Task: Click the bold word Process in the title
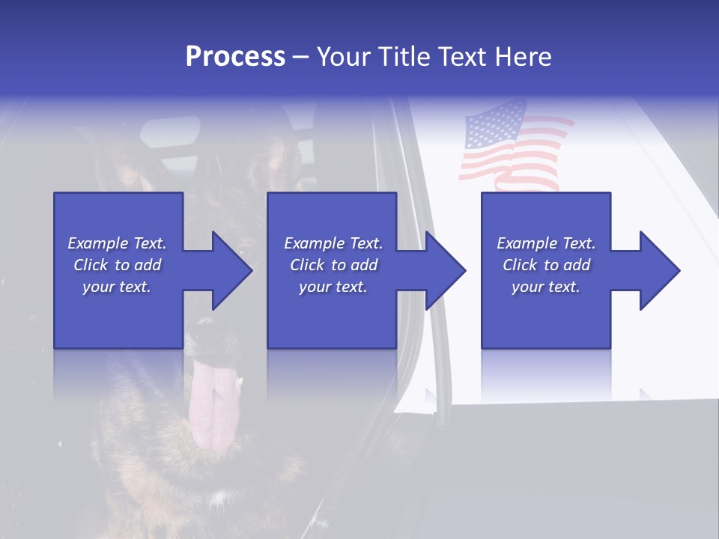pyautogui.click(x=235, y=57)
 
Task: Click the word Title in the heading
pyautogui.click(x=403, y=57)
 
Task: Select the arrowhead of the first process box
pyautogui.click(x=231, y=270)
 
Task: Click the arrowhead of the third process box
pyautogui.click(x=659, y=270)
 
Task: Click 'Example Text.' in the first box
pyautogui.click(x=117, y=243)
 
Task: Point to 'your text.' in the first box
pyautogui.click(x=117, y=287)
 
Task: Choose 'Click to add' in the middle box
pyautogui.click(x=333, y=265)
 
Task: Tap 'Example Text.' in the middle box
pyautogui.click(x=333, y=243)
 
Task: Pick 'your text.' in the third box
pyautogui.click(x=546, y=287)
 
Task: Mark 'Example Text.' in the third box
pyautogui.click(x=546, y=243)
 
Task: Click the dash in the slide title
pyautogui.click(x=300, y=58)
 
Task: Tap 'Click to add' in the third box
pyautogui.click(x=546, y=265)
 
